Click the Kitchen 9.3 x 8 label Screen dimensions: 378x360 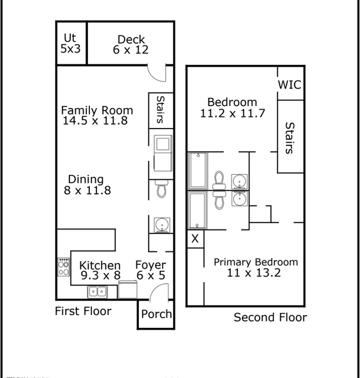(100, 271)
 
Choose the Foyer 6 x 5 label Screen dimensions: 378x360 (150, 270)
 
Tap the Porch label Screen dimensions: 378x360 (156, 314)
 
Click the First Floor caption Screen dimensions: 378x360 (83, 311)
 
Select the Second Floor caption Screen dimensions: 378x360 (270, 318)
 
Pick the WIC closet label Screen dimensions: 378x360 (290, 85)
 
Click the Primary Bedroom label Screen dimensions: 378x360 (255, 267)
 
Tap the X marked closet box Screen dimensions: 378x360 (195, 239)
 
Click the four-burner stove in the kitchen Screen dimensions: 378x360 (64, 267)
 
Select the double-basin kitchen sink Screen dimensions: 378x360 (98, 292)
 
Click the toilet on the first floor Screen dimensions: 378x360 (161, 189)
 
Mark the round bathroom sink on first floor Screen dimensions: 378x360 (162, 225)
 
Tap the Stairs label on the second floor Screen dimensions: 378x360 (290, 138)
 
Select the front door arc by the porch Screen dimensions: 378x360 (159, 293)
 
